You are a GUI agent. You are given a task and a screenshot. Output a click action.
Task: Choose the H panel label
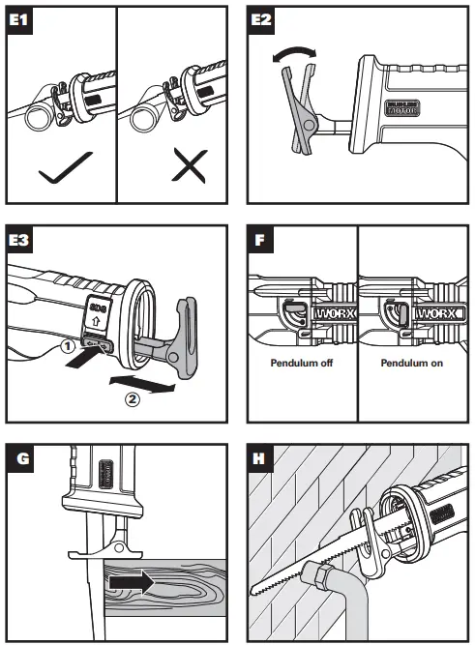(259, 455)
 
